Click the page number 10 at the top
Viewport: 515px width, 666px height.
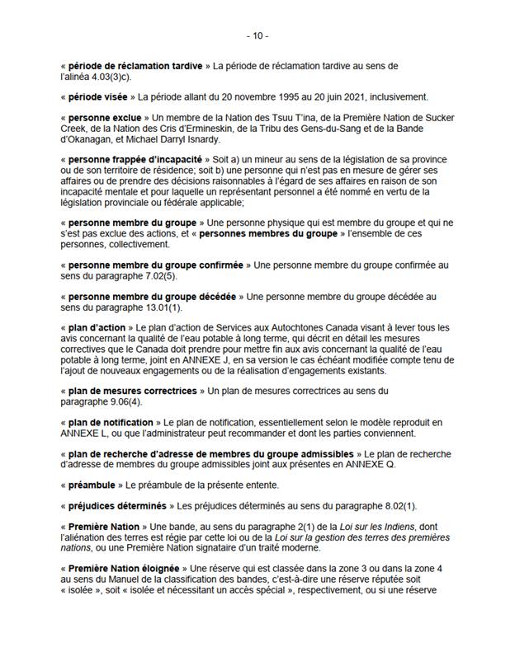(257, 35)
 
